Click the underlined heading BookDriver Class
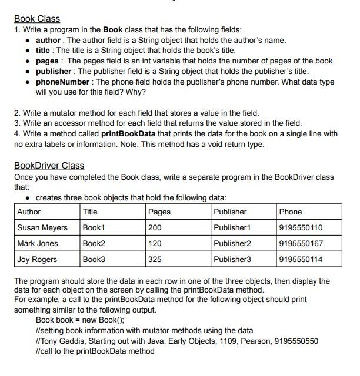[x=49, y=166]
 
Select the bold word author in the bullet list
[x=48, y=40]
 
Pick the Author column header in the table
[x=29, y=211]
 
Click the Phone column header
[x=291, y=211]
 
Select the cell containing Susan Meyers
[x=42, y=227]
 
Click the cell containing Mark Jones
[x=38, y=243]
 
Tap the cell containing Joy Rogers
[x=37, y=259]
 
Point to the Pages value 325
[x=155, y=259]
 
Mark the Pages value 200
[x=155, y=227]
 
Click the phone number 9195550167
[x=301, y=243]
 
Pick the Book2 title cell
[x=94, y=243]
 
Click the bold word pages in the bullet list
[x=47, y=61]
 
